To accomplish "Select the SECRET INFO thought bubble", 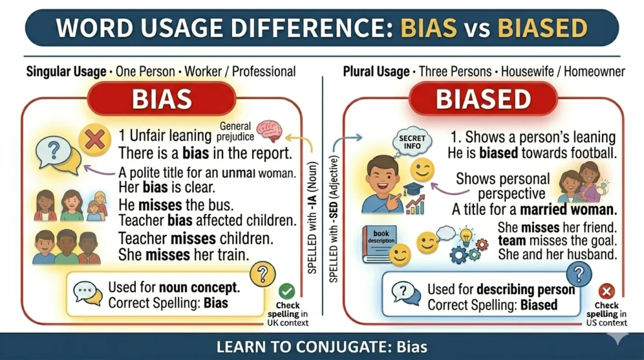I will pos(412,143).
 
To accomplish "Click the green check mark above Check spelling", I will pos(287,291).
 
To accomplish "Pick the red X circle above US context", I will pos(606,291).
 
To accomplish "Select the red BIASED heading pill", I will pos(483,99).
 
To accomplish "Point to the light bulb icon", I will pos(466,237).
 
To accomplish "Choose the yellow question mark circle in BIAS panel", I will pos(263,274).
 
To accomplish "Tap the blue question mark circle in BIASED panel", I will pos(579,274).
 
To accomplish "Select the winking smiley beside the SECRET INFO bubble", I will pos(423,169).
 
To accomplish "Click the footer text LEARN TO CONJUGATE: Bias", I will pos(322,347).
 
